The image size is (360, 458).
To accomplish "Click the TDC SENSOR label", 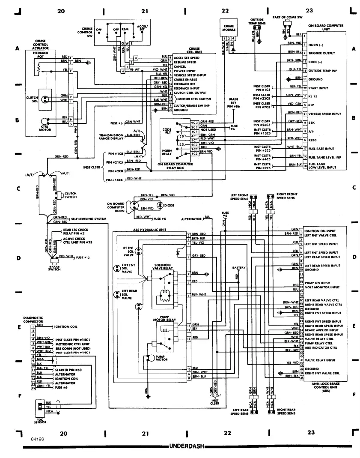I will click(39, 420).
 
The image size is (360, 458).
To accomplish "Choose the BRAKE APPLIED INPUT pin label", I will click(323, 330).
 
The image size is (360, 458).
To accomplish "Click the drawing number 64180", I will click(37, 439).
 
